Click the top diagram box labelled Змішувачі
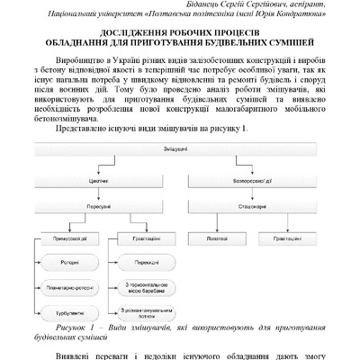(181, 147)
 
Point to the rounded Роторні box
(71, 264)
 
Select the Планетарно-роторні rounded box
(71, 289)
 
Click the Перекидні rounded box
(147, 264)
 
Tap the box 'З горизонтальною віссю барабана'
(147, 289)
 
